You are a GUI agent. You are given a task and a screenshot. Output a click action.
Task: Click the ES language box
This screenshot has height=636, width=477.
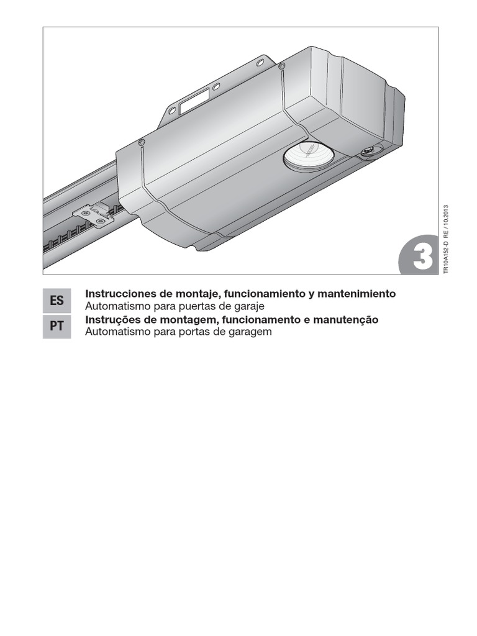57,301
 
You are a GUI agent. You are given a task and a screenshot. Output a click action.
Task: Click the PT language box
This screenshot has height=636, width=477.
57,326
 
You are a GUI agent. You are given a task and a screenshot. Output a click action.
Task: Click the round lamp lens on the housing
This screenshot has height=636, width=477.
309,155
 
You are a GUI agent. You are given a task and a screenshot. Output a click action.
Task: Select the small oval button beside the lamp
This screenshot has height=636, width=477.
371,151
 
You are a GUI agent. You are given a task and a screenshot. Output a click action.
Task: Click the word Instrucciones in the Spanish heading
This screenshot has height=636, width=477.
116,293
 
